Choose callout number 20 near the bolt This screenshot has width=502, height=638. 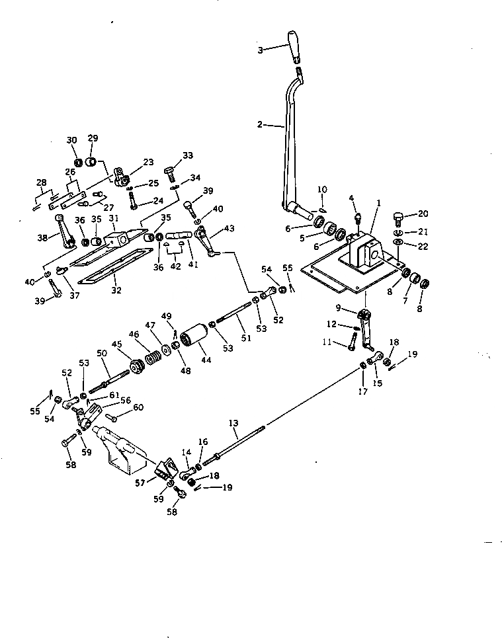[x=423, y=214]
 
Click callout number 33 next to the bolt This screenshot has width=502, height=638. [x=188, y=156]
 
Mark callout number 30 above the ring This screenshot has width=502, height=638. [x=72, y=140]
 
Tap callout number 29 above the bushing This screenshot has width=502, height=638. [x=93, y=138]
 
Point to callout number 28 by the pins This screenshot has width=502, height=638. [x=42, y=182]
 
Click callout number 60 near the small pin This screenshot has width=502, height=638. [x=138, y=407]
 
